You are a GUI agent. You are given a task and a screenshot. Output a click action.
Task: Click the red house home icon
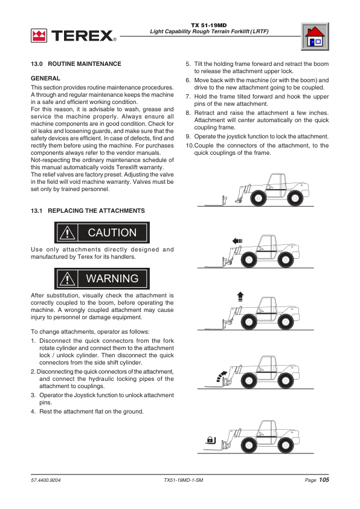click(x=315, y=36)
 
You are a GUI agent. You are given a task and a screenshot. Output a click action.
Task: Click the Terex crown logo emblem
click(x=39, y=36)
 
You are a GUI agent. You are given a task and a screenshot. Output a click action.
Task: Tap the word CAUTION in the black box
click(x=112, y=232)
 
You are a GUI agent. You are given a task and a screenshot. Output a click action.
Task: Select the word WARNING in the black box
click(x=112, y=279)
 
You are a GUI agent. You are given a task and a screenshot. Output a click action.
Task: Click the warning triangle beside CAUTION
click(x=68, y=233)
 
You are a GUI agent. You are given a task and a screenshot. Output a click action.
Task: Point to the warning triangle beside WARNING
click(x=68, y=279)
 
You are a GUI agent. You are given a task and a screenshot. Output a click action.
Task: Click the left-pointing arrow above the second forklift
click(x=237, y=241)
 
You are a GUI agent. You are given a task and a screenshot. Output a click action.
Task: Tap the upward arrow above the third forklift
click(x=240, y=296)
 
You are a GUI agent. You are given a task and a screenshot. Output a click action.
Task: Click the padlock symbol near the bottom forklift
click(x=211, y=440)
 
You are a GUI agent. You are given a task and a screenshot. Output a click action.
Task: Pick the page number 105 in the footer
click(x=324, y=480)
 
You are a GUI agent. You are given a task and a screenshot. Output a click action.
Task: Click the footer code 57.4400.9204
click(x=46, y=480)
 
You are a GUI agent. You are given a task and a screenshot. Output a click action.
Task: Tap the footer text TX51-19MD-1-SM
click(x=184, y=480)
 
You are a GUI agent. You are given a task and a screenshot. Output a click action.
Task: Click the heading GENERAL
click(x=45, y=78)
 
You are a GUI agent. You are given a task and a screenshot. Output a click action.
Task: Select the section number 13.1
click(x=37, y=211)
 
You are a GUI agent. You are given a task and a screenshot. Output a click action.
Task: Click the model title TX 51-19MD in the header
click(x=209, y=25)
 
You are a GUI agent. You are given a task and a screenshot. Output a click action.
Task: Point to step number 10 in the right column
click(x=190, y=146)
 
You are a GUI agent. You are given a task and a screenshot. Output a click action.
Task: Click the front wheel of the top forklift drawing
click(x=259, y=198)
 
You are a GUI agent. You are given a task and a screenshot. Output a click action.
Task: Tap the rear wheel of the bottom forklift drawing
click(x=286, y=445)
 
